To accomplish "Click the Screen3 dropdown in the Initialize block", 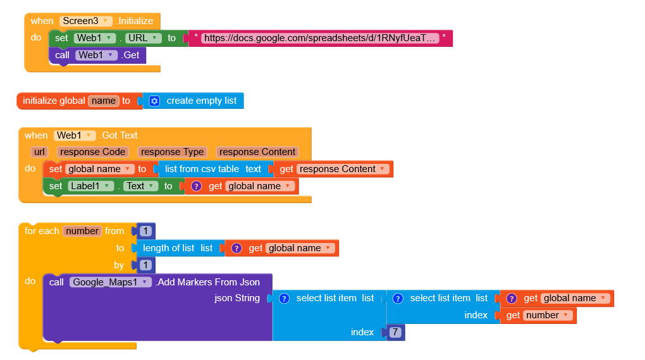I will point(86,21).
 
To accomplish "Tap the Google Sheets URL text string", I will point(321,38).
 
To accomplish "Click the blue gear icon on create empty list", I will point(154,101).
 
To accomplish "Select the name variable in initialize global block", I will point(104,101).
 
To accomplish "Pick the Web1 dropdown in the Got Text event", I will point(75,135).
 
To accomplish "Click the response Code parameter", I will point(92,152).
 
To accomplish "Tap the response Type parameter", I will point(172,152).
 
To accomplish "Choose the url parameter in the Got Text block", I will point(40,152).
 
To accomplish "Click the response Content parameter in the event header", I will point(256,152).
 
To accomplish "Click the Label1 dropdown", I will point(91,186).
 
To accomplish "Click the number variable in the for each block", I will point(82,231).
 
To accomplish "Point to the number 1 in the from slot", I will point(146,231).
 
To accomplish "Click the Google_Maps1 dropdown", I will point(111,282).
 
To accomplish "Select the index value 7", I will point(395,332).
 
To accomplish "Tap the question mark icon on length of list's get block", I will point(236,248).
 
